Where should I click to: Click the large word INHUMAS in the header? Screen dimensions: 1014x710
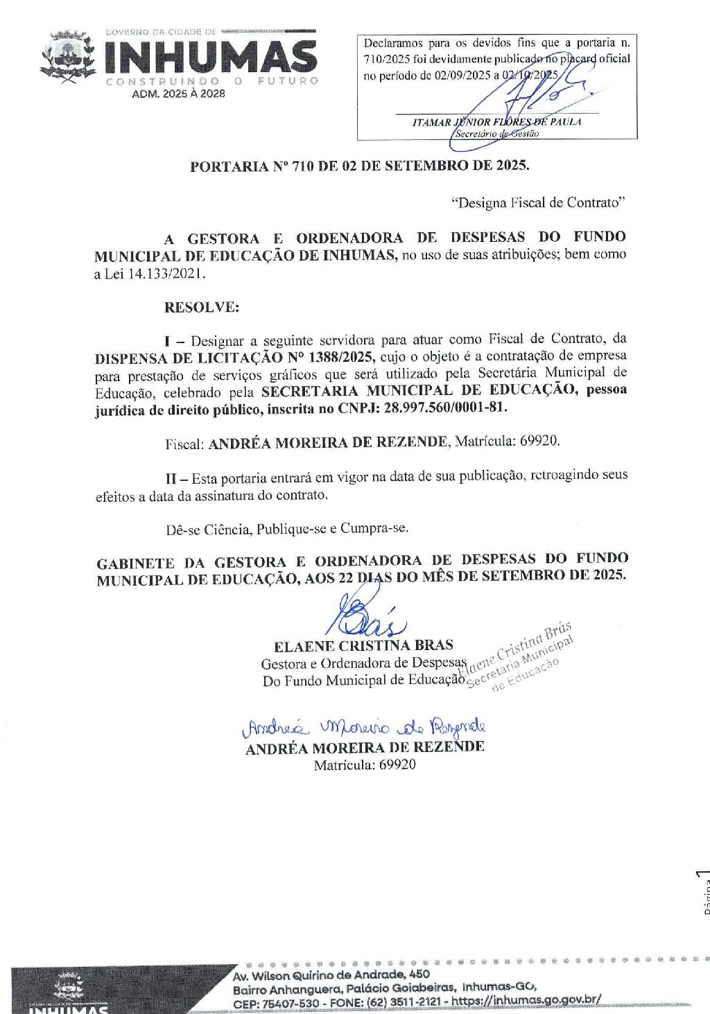(x=211, y=58)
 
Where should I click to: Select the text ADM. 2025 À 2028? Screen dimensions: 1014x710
(x=178, y=94)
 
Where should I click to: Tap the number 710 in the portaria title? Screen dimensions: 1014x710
(x=303, y=166)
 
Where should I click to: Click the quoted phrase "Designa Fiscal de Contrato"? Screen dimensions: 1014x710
(x=538, y=202)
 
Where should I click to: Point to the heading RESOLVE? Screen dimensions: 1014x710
(x=201, y=307)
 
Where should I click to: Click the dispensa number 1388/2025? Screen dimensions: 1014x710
(x=341, y=357)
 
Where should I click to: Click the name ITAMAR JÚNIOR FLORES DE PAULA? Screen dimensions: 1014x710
(x=496, y=122)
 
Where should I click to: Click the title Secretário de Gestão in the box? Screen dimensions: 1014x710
(x=496, y=134)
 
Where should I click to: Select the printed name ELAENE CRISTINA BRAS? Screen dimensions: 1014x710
(x=363, y=646)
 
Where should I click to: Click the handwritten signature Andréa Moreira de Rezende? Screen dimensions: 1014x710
(x=365, y=727)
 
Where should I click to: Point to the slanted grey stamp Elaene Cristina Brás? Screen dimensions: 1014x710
(x=517, y=655)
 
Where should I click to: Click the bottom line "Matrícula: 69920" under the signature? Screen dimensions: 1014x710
(x=365, y=765)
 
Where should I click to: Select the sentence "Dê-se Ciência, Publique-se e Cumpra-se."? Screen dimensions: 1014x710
(x=287, y=529)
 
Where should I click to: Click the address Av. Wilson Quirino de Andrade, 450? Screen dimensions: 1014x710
(x=331, y=974)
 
